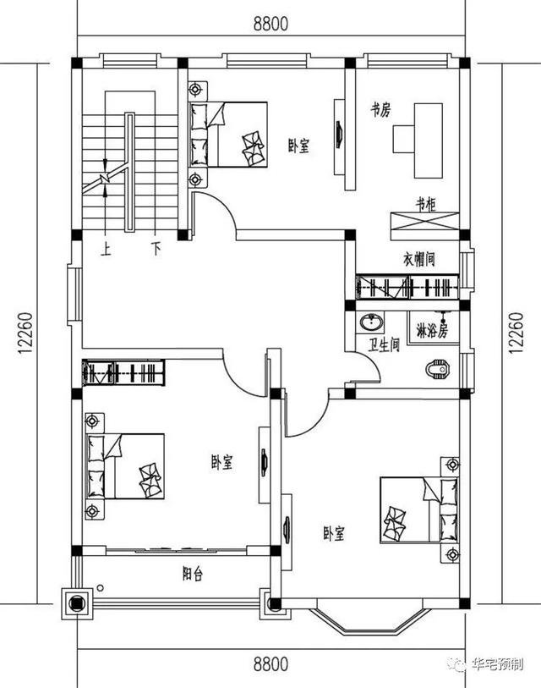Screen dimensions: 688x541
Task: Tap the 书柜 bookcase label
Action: click(425, 204)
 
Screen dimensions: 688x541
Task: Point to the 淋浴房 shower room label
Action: click(433, 326)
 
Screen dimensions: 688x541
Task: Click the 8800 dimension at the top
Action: click(270, 24)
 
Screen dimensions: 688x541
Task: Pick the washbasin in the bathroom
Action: click(369, 322)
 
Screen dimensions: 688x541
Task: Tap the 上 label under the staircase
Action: click(107, 250)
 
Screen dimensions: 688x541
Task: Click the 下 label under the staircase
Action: click(155, 250)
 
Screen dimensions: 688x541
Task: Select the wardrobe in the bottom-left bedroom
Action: click(123, 372)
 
